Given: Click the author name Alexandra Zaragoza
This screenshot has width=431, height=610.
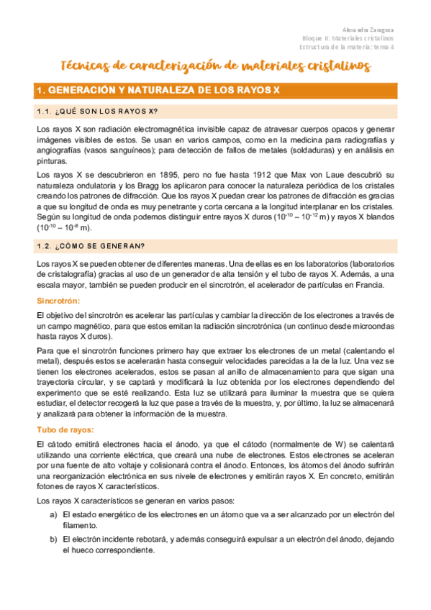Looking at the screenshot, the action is tap(374, 30).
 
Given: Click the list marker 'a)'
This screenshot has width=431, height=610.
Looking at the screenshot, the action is tap(53, 516).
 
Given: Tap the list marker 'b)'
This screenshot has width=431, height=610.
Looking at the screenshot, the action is tap(53, 539).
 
